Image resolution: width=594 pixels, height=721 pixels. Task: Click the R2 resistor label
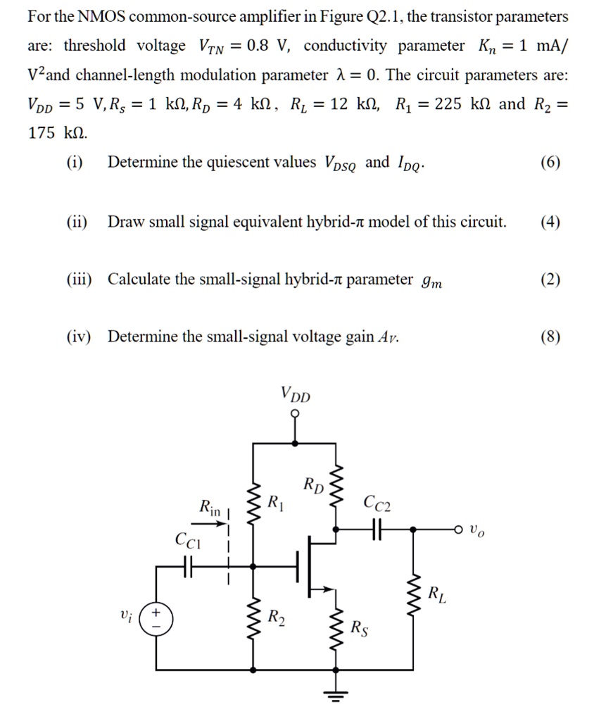277,617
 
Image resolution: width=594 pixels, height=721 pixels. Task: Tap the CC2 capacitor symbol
377,527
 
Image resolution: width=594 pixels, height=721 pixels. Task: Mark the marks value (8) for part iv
551,337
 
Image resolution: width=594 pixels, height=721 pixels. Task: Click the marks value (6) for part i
551,163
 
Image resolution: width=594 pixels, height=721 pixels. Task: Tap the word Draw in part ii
124,222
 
